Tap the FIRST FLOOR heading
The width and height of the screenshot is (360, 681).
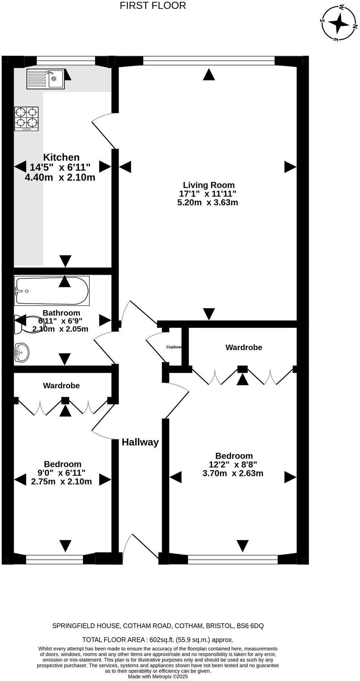point(153,6)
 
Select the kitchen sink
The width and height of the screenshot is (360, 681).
point(46,79)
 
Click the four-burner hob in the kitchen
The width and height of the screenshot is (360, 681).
point(27,119)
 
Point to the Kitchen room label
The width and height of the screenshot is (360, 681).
point(61,157)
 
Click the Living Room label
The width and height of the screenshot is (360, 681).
point(209,185)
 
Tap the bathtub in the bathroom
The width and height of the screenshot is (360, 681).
point(52,291)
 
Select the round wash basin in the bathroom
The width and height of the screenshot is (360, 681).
point(21,352)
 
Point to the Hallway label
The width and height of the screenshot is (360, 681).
point(140,442)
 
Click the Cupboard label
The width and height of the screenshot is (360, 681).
point(174,347)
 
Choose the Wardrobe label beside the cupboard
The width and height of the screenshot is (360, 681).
point(244,347)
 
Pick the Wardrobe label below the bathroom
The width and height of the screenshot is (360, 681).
point(62,386)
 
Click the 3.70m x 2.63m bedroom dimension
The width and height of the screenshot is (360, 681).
point(233,473)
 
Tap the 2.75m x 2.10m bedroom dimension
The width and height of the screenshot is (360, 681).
point(62,481)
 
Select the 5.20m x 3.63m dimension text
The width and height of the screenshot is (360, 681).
point(208,203)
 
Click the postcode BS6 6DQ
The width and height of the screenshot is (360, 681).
point(250,626)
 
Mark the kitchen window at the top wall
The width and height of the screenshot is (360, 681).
point(66,60)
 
